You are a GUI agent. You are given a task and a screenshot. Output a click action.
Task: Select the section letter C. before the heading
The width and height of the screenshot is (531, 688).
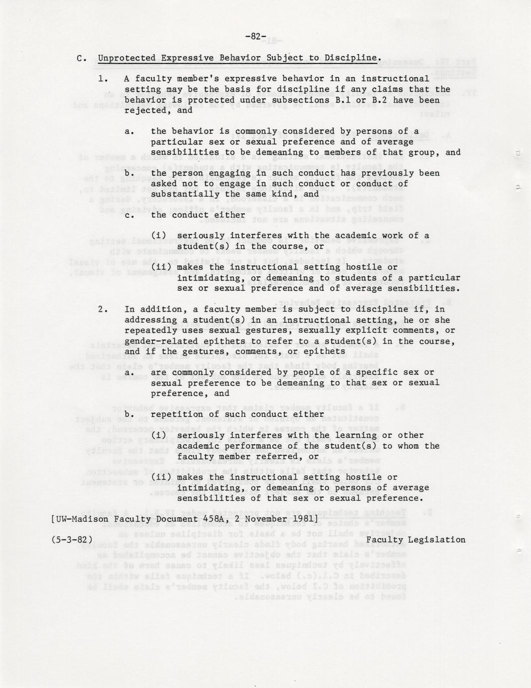(x=82, y=58)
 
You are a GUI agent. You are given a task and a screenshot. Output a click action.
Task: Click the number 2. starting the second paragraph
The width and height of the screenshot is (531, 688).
(x=103, y=309)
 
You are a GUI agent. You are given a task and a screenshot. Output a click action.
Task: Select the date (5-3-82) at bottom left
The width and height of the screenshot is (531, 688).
(x=72, y=539)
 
